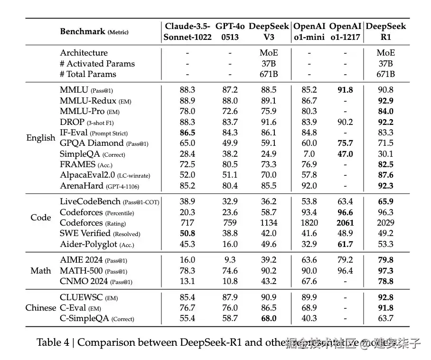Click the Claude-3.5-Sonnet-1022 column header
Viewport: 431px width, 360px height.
(188, 32)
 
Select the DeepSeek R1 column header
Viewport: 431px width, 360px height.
(386, 32)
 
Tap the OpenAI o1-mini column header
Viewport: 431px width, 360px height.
(309, 32)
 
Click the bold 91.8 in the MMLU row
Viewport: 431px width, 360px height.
(345, 90)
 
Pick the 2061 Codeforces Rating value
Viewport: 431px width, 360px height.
(345, 223)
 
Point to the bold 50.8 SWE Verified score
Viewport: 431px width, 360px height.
(188, 233)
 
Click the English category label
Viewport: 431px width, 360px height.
(41, 138)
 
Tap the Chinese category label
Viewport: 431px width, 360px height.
(41, 308)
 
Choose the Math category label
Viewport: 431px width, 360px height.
(41, 271)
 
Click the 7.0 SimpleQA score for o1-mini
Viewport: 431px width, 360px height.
(309, 154)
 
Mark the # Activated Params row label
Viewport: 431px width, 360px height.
(97, 64)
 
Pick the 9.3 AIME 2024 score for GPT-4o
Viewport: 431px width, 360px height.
(230, 260)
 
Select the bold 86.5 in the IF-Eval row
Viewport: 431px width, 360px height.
(188, 133)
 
